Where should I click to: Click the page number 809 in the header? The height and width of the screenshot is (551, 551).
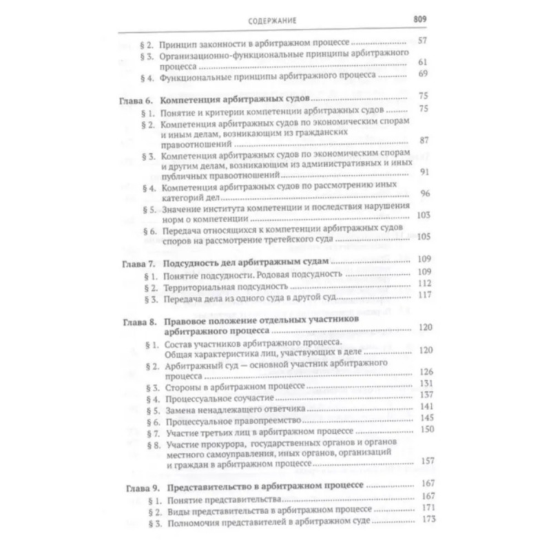click(420, 19)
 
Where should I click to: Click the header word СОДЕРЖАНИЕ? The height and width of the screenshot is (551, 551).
click(272, 20)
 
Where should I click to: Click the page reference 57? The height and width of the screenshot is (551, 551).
click(423, 41)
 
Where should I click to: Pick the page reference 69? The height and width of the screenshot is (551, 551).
click(423, 75)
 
